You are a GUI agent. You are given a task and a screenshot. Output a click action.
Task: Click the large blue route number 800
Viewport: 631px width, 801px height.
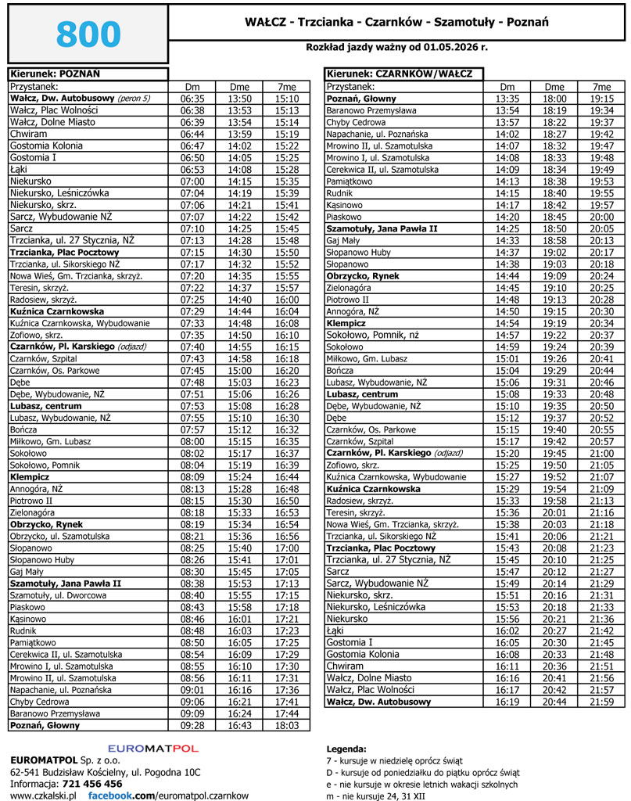pyautogui.click(x=88, y=34)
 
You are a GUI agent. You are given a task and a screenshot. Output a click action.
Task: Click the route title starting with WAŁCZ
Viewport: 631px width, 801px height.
pyautogui.click(x=396, y=22)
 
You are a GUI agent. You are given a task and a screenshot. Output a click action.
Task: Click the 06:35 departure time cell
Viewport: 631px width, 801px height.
pyautogui.click(x=192, y=99)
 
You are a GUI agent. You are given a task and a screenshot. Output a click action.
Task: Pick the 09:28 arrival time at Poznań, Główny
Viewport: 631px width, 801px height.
pyautogui.click(x=192, y=726)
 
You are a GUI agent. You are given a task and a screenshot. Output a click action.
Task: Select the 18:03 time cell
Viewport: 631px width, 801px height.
pyautogui.click(x=288, y=726)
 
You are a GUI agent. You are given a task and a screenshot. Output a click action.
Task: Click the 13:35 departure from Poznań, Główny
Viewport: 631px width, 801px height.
pyautogui.click(x=507, y=99)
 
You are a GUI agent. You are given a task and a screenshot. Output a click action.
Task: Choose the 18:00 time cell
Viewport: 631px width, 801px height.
pyautogui.click(x=554, y=99)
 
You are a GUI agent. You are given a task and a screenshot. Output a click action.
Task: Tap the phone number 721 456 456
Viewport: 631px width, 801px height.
pyautogui.click(x=92, y=783)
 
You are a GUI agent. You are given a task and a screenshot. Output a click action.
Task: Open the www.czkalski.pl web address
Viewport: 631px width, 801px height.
pyautogui.click(x=42, y=795)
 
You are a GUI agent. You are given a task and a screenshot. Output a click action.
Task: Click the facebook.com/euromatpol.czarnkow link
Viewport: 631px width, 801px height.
pyautogui.click(x=167, y=795)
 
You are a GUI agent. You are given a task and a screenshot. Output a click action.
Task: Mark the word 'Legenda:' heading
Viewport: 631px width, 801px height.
pyautogui.click(x=345, y=749)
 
